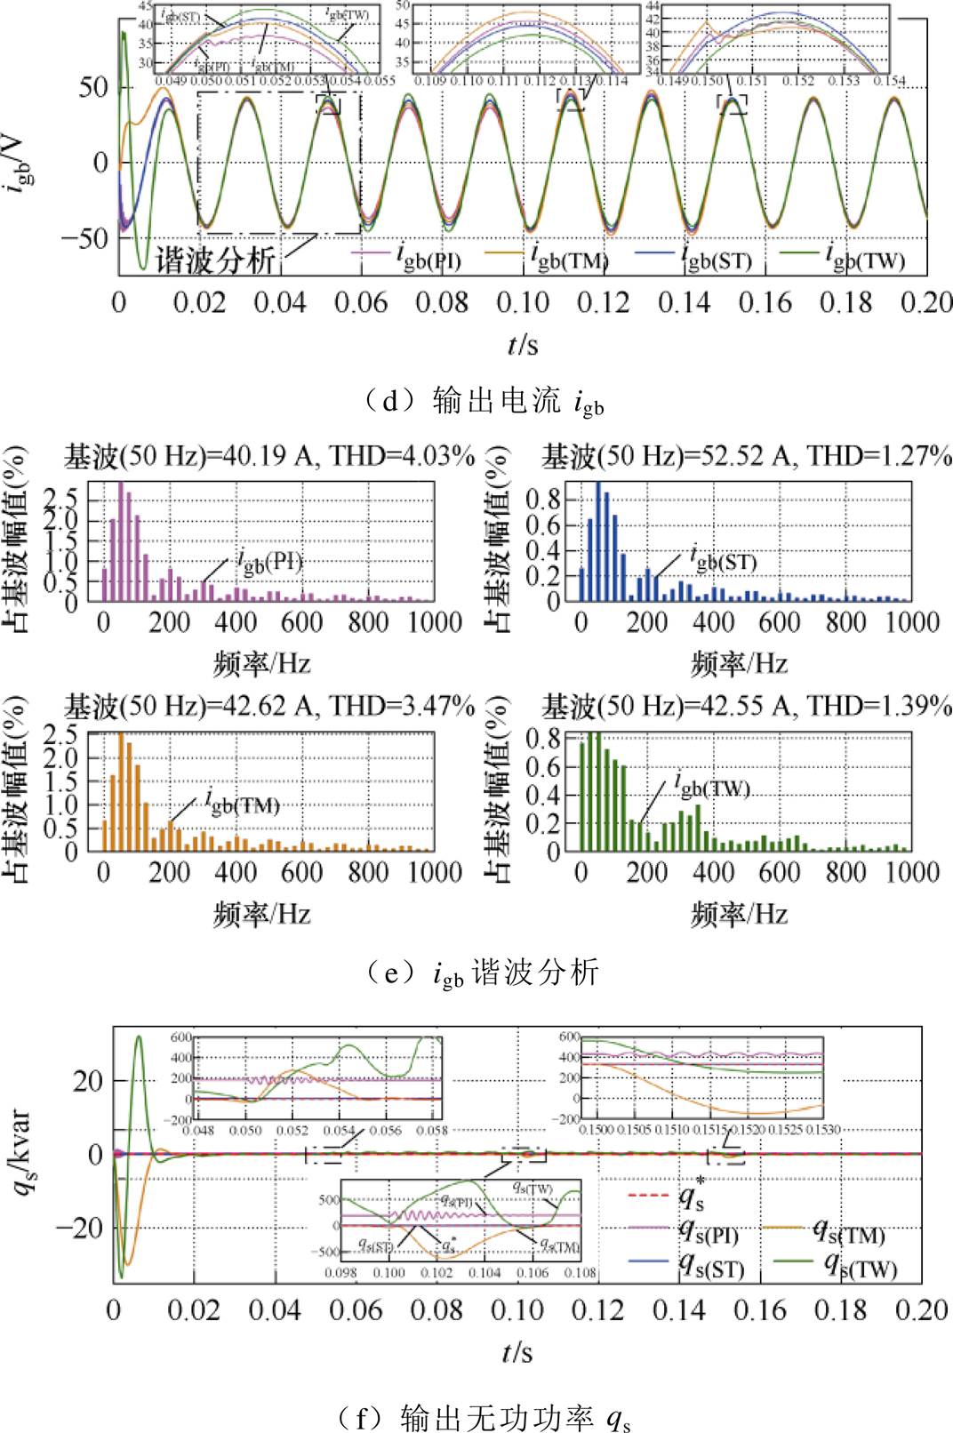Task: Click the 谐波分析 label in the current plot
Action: [x=215, y=259]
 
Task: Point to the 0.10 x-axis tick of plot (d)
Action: [x=523, y=303]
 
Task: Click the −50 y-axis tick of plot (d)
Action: [x=84, y=238]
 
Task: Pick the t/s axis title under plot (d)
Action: [x=523, y=344]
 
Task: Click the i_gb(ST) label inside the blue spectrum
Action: [x=725, y=561]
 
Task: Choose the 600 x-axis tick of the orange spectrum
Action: [x=302, y=872]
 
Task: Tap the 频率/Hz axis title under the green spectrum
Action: [x=739, y=914]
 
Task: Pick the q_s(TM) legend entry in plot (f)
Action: [x=849, y=1233]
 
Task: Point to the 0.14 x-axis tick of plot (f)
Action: [x=678, y=1310]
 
